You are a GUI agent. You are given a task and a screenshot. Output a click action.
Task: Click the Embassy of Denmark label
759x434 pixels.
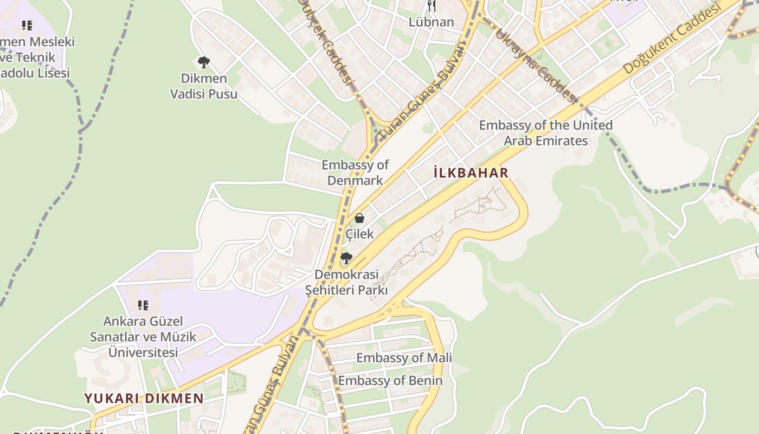pos(355,173)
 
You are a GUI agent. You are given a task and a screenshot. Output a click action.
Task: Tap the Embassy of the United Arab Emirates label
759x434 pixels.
pos(545,133)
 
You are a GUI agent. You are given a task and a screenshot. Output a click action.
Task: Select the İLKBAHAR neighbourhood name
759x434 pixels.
pos(471,173)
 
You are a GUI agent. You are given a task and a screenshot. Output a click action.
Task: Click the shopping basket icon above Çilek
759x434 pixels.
pos(359,218)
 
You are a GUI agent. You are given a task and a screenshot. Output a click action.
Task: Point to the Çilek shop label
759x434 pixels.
pos(359,234)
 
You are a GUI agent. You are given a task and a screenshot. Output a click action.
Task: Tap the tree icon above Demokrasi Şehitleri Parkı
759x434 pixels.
pos(346,258)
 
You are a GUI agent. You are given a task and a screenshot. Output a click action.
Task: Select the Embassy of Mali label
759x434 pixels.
pos(404,358)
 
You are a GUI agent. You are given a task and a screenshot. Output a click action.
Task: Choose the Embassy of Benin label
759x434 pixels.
pos(390,381)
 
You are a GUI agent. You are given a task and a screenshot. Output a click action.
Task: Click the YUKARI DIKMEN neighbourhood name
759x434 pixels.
pos(144,398)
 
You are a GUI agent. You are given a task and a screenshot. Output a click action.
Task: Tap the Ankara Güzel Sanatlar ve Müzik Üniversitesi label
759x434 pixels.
pos(143,336)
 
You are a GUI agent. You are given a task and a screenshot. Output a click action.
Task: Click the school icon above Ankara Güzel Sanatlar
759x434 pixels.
pos(143,305)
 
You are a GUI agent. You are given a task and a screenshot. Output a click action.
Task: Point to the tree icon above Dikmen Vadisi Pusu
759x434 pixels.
pos(203,62)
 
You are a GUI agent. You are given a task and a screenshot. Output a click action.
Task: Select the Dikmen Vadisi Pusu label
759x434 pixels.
pos(204,86)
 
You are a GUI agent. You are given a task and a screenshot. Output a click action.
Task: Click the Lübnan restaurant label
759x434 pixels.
pos(431,22)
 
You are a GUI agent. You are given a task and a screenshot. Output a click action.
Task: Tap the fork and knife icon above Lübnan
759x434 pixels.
pos(432,6)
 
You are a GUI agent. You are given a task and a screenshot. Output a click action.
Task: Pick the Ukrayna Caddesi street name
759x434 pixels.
pos(535,65)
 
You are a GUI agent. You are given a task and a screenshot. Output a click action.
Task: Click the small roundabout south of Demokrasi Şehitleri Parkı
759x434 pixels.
pos(389,310)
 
